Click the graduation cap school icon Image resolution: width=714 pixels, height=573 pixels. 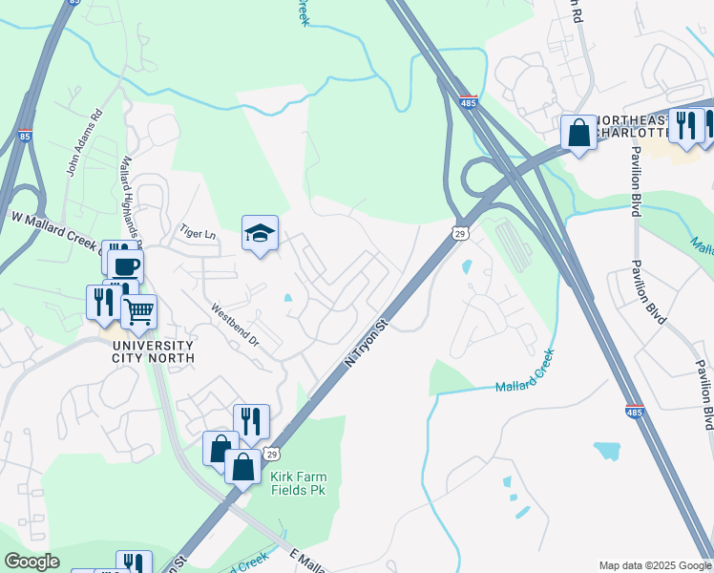pyautogui.click(x=260, y=233)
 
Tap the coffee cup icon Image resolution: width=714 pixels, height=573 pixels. pyautogui.click(x=125, y=265)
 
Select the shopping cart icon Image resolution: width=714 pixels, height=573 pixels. pyautogui.click(x=139, y=310)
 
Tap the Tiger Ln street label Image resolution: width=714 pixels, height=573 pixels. pyautogui.click(x=199, y=233)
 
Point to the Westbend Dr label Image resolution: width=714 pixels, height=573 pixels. pyautogui.click(x=235, y=325)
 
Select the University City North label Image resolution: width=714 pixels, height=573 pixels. pyautogui.click(x=153, y=351)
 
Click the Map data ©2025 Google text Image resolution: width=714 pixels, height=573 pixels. pyautogui.click(x=655, y=565)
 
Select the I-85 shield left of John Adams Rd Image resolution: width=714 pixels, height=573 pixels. pyautogui.click(x=25, y=137)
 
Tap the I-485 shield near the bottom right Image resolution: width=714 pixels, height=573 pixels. pyautogui.click(x=634, y=412)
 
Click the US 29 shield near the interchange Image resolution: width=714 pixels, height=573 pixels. pyautogui.click(x=459, y=233)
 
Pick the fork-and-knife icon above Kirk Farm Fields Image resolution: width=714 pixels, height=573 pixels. pyautogui.click(x=251, y=421)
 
